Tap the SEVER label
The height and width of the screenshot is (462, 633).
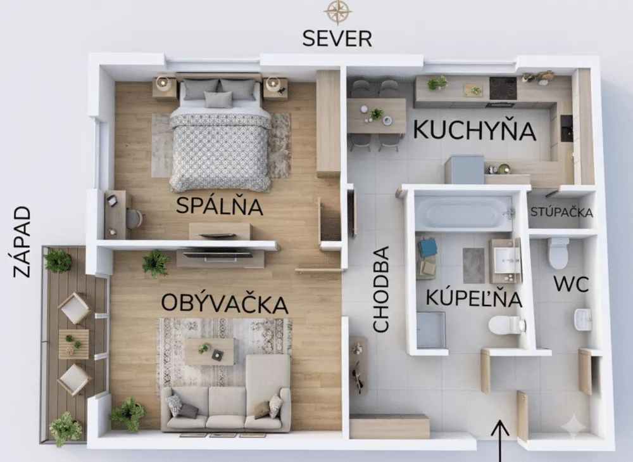337,39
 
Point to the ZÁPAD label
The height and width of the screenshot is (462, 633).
22,242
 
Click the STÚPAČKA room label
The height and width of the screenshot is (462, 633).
561,212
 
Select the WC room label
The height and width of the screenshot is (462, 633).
571,284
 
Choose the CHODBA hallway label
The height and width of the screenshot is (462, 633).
380,290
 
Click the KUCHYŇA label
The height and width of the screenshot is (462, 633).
474,130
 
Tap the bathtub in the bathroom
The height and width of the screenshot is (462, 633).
464,213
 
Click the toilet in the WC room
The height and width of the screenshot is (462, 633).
559,253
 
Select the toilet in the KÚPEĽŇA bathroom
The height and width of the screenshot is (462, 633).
506,324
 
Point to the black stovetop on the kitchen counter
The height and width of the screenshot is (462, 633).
503,88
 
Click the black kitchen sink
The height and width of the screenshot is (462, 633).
567,128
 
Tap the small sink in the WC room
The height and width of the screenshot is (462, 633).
583,319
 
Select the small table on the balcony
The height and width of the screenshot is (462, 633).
74,344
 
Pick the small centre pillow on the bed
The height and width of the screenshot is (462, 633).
218,99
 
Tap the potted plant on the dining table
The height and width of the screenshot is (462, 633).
377,113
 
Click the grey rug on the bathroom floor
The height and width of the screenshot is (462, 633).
473,266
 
